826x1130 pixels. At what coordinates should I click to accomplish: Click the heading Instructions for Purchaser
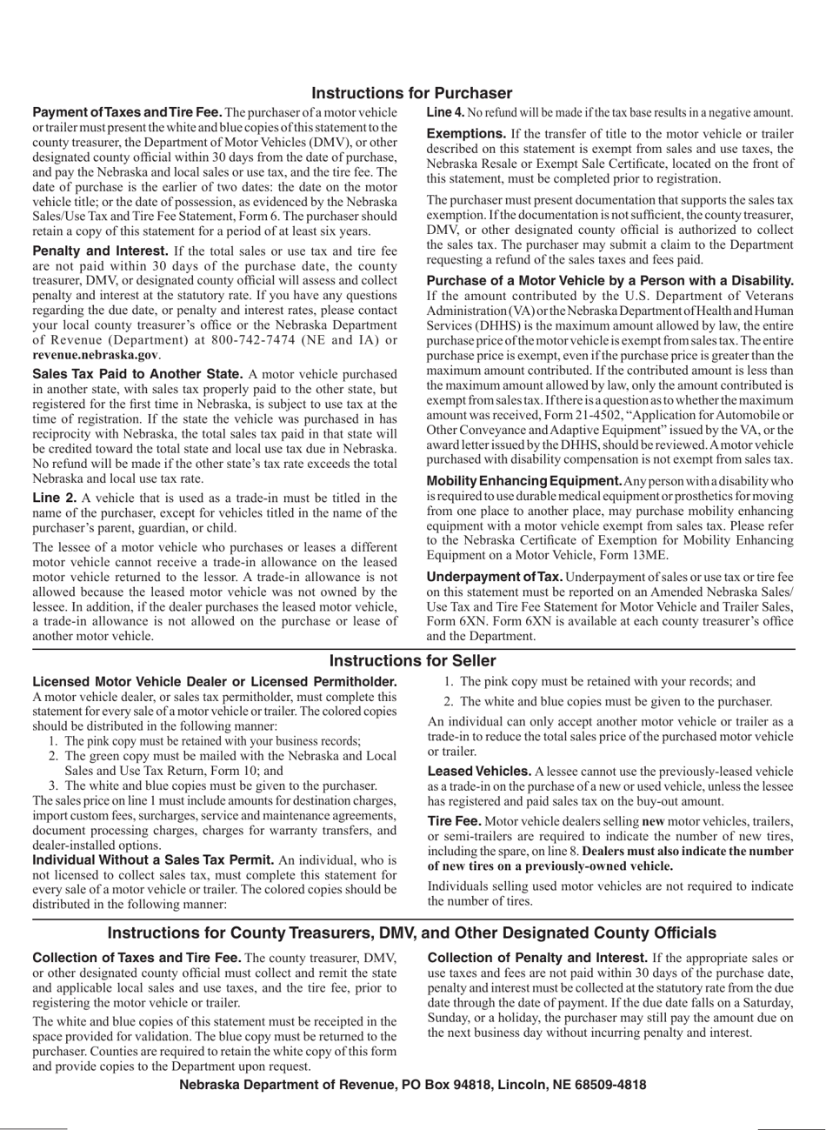[x=412, y=93]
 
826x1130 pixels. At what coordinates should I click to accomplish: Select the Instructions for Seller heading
[x=412, y=661]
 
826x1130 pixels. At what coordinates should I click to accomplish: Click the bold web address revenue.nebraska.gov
[x=96, y=355]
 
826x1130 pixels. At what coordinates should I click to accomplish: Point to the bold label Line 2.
[x=55, y=498]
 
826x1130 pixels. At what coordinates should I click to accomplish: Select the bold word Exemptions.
[x=466, y=134]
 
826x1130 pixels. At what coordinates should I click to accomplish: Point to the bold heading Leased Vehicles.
[x=479, y=772]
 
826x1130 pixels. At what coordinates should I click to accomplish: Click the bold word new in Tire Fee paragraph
[x=654, y=822]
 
